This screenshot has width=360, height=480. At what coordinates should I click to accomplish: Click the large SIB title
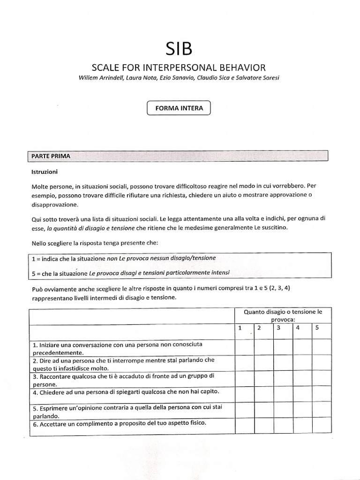click(180, 49)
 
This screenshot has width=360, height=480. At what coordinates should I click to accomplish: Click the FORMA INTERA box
click(179, 108)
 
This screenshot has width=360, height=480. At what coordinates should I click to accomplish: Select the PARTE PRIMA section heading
click(51, 156)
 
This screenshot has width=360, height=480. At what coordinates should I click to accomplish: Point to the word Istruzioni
click(44, 172)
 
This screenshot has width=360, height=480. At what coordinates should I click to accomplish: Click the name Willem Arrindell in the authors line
click(99, 77)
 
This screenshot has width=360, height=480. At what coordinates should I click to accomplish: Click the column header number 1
click(240, 328)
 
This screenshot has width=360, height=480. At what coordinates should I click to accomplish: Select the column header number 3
click(278, 328)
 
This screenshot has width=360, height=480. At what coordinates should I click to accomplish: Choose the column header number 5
click(317, 328)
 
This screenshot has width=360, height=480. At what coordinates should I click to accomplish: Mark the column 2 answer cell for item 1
click(264, 347)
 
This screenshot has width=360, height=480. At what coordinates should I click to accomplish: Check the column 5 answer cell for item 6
click(322, 426)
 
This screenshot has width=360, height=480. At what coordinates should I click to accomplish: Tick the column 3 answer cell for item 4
click(283, 395)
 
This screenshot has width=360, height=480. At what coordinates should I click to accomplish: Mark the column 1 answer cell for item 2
click(245, 363)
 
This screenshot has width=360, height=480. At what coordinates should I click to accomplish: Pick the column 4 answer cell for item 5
click(303, 411)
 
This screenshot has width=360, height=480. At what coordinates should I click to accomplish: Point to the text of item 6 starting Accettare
click(120, 423)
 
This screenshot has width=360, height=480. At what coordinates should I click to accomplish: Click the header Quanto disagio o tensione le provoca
click(283, 315)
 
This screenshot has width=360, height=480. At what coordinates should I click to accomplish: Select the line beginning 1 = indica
click(124, 258)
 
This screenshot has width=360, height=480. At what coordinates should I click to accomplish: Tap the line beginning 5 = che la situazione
click(131, 273)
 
